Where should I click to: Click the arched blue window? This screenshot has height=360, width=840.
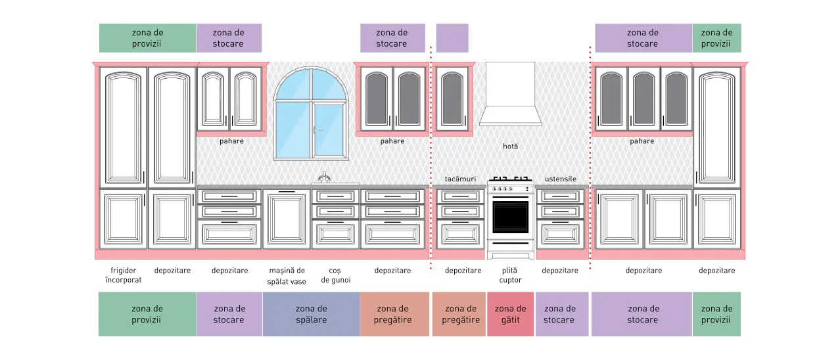coord(311,114)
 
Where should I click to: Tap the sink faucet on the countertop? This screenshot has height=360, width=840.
coord(324,177)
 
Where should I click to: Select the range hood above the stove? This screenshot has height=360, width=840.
coord(510,94)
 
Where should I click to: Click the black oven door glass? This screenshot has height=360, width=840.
coord(510,217)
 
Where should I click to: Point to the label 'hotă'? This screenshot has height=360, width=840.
coord(510,146)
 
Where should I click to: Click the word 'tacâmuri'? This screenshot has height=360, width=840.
coord(460,179)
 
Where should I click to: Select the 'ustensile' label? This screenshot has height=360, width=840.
coord(560,179)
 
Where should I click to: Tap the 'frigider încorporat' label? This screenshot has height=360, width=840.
coord(124,275)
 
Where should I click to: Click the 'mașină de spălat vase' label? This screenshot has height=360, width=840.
coord(287,276)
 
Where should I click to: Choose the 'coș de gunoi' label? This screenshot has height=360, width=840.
coord(336,275)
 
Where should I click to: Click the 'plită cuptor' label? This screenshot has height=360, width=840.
coord(510,275)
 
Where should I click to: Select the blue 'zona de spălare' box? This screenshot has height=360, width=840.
coord(312,314)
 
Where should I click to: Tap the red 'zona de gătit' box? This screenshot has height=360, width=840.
coord(510,314)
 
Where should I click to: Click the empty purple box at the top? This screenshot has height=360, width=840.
coord(452,38)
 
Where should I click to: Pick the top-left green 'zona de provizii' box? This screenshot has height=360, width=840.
coord(148,38)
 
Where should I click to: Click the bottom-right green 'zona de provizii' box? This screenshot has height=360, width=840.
coord(716,314)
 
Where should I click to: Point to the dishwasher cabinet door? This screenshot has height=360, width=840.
coord(287,219)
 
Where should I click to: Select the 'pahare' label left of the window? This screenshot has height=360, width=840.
coord(231,141)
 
